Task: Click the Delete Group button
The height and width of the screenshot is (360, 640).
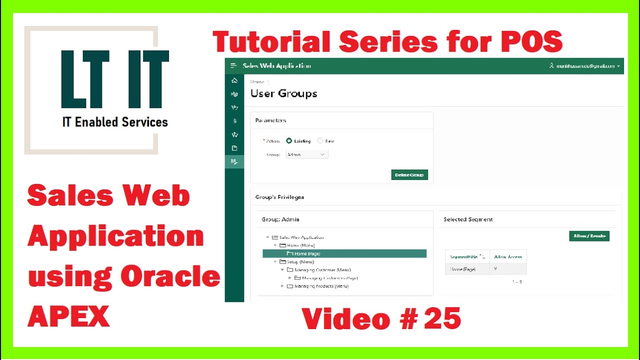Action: click(x=409, y=175)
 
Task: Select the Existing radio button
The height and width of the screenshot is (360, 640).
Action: click(x=289, y=141)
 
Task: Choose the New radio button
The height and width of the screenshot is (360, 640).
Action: click(x=320, y=141)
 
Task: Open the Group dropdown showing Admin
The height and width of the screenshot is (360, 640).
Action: click(x=307, y=154)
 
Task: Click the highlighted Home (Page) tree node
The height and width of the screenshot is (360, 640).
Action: click(x=307, y=254)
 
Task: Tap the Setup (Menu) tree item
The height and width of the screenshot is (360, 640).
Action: click(x=300, y=261)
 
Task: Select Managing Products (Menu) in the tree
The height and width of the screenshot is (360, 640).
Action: click(x=321, y=286)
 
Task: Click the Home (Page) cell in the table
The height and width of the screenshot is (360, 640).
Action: click(x=462, y=269)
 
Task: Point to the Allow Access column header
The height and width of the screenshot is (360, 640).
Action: click(x=507, y=256)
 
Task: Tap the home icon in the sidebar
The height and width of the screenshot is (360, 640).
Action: click(x=234, y=80)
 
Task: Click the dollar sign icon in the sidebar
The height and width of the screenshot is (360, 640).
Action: click(x=234, y=121)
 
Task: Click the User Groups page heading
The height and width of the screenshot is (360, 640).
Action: click(x=283, y=93)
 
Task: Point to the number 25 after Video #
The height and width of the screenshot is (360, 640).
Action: click(x=442, y=319)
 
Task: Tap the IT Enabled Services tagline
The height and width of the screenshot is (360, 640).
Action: click(x=115, y=122)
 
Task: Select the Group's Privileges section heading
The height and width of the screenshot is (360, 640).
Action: click(x=279, y=197)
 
